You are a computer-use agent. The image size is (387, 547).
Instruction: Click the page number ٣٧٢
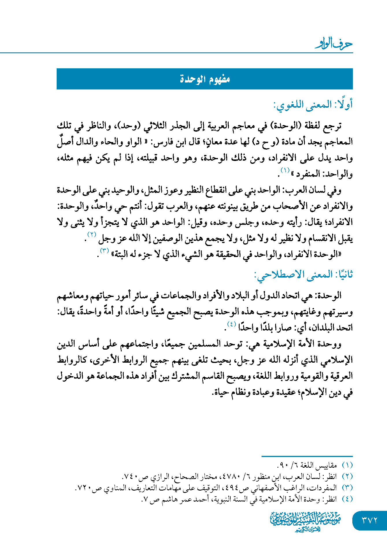tap(370, 520)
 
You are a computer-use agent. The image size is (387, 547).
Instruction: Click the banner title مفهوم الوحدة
tap(205, 79)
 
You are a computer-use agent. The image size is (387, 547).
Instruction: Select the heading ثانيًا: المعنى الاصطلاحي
tap(303, 275)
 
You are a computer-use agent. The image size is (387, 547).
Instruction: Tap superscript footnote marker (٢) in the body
tap(92, 235)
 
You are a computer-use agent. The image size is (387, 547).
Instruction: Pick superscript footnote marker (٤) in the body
tap(231, 324)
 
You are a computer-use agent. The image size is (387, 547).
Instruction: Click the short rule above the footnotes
tap(307, 456)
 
